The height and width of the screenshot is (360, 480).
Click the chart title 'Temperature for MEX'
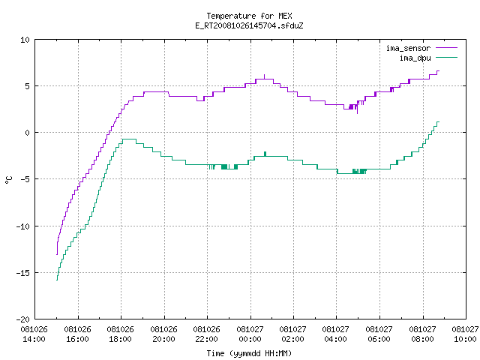point(249,16)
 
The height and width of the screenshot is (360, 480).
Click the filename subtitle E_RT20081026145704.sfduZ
point(249,25)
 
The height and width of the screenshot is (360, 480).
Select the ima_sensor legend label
point(408,48)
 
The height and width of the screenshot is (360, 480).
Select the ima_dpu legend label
point(415,58)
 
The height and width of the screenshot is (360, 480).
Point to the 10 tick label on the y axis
point(25,40)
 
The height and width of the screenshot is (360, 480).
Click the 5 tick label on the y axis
point(27,86)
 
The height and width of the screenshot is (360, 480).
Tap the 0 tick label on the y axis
point(27,133)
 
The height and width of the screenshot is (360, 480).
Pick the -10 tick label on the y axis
point(23,226)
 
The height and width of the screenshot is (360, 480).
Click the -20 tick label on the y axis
point(23,319)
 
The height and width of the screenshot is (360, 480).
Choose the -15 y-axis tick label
point(23,273)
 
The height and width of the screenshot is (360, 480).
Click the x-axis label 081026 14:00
point(34,334)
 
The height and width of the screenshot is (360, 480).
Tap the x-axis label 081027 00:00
point(250,334)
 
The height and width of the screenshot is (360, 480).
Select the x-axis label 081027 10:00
point(465,334)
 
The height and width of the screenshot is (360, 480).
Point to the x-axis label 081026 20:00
point(163,334)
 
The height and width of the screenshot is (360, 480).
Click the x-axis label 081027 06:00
point(379,334)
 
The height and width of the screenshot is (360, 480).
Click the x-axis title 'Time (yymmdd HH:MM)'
point(249,353)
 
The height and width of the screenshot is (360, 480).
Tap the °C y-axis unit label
point(8,180)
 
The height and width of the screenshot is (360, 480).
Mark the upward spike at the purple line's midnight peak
point(265,76)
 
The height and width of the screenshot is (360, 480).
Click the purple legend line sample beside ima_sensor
point(447,48)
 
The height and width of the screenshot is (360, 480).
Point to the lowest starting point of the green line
point(57,280)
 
